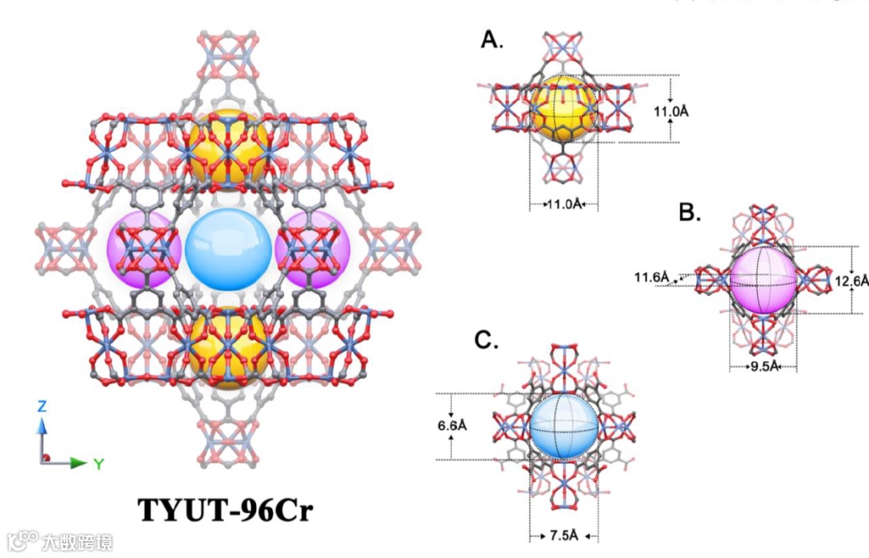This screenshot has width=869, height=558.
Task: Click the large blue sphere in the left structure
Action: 229,250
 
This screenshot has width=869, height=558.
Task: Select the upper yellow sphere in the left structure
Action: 229,146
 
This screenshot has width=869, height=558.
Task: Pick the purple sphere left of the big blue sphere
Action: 143,250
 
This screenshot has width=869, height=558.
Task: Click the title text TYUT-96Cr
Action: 224,510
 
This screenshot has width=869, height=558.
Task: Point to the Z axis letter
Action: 42,407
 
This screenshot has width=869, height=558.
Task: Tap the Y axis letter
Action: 98,464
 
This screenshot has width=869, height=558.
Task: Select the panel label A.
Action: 492,39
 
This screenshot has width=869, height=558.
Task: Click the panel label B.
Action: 690,212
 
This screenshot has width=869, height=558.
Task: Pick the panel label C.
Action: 484,341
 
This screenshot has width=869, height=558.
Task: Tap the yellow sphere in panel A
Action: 563,109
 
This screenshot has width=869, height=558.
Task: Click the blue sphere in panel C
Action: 563,426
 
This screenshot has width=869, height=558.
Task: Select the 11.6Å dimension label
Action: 652,277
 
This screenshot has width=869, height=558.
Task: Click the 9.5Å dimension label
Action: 762,367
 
